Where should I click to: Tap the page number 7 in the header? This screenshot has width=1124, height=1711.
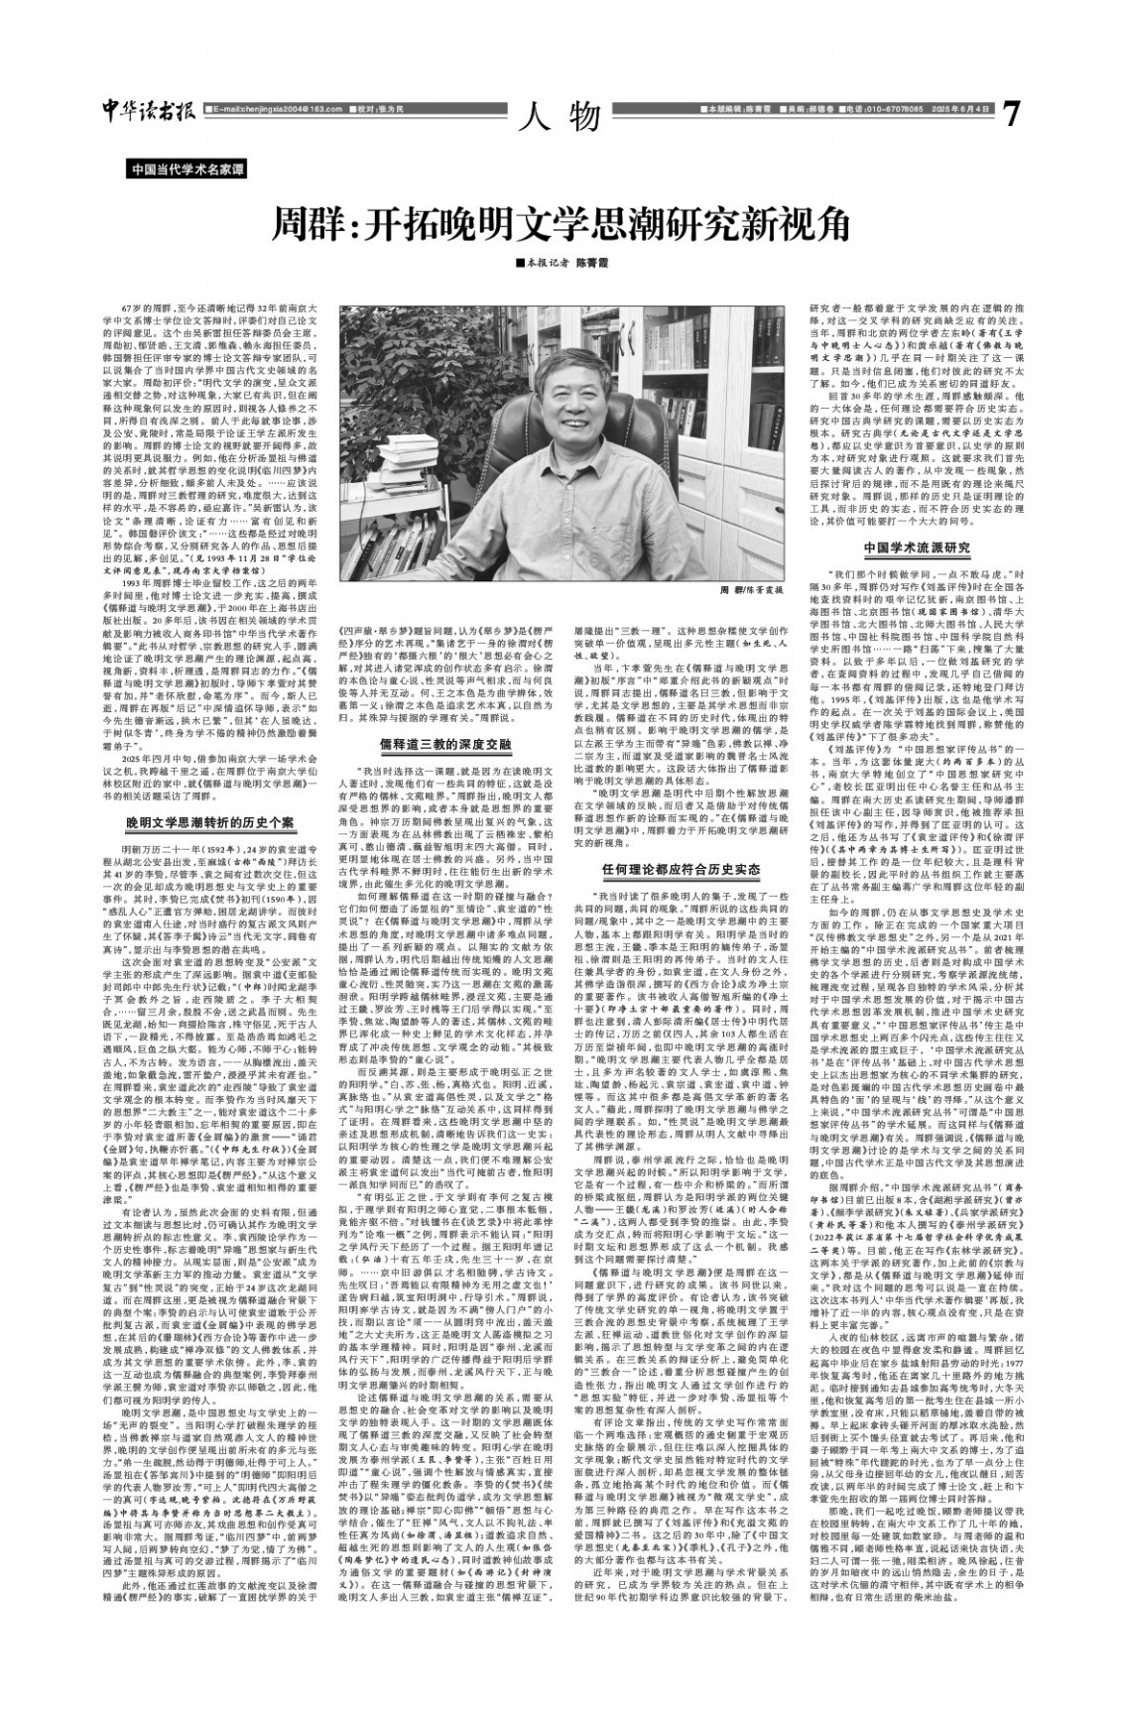pos(1010,112)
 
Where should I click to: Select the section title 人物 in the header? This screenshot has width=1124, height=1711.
pos(561,116)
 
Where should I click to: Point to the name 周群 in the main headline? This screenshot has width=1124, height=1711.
pos(312,226)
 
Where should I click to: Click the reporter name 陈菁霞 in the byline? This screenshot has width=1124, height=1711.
pos(600,264)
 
